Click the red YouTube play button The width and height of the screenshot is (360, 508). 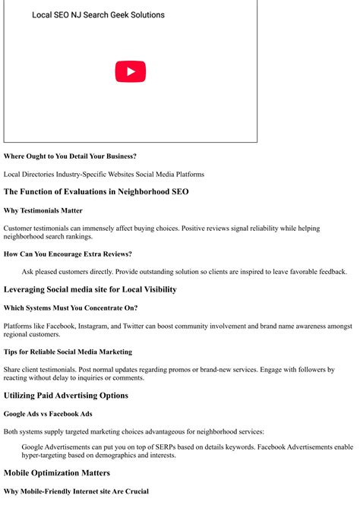[x=130, y=71]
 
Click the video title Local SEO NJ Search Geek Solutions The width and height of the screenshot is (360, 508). [x=98, y=15]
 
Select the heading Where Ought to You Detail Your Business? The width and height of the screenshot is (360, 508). [x=70, y=156]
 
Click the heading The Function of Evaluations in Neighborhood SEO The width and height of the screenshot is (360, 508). [x=96, y=192]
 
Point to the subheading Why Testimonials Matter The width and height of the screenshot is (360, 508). [x=43, y=210]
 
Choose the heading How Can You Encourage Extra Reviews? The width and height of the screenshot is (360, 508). [x=68, y=254]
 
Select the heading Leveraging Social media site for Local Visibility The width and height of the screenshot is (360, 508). [x=90, y=289]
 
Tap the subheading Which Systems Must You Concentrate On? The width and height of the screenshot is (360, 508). [x=71, y=308]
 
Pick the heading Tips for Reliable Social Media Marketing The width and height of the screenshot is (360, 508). [x=68, y=352]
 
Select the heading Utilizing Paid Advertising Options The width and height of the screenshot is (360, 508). [x=65, y=396]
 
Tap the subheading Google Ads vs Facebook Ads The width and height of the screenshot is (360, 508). [x=48, y=414]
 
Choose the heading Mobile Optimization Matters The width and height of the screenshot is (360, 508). [x=56, y=473]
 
